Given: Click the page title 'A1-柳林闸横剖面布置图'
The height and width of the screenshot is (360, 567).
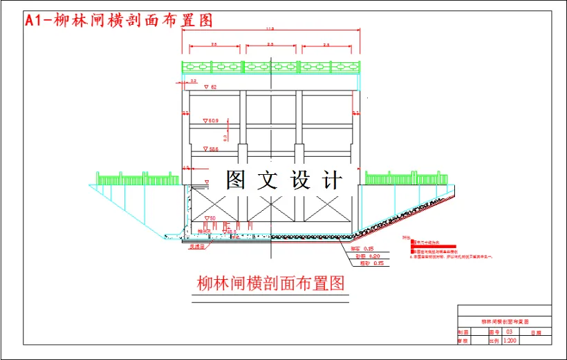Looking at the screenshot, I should (x=118, y=21).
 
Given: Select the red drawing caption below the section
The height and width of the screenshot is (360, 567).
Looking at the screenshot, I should (x=270, y=283).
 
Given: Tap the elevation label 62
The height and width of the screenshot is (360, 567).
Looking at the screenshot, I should (x=213, y=87).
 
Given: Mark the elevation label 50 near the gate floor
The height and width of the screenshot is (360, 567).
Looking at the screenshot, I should (x=210, y=218).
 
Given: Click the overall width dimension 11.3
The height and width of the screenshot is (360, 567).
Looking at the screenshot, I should (x=270, y=29).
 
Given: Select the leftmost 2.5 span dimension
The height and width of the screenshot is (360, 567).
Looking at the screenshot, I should (x=214, y=44).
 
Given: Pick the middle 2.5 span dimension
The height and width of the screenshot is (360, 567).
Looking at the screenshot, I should (x=270, y=44).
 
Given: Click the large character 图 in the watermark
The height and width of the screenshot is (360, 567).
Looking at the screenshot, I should (x=234, y=180).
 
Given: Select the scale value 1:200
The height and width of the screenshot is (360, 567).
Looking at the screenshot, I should (x=510, y=341).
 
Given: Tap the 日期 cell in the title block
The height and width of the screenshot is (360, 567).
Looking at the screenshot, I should (x=536, y=333).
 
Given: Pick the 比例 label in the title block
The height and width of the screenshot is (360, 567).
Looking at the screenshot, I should (x=494, y=341).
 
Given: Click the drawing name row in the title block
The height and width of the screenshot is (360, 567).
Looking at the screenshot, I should (x=505, y=322).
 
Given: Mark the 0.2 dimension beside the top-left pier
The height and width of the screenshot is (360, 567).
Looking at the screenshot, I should (x=183, y=82).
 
